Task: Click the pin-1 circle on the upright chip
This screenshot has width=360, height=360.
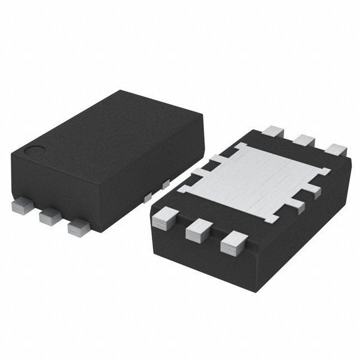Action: click(37, 150)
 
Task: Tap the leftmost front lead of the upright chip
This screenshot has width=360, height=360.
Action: click(21, 206)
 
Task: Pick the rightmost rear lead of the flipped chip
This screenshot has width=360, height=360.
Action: click(336, 151)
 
